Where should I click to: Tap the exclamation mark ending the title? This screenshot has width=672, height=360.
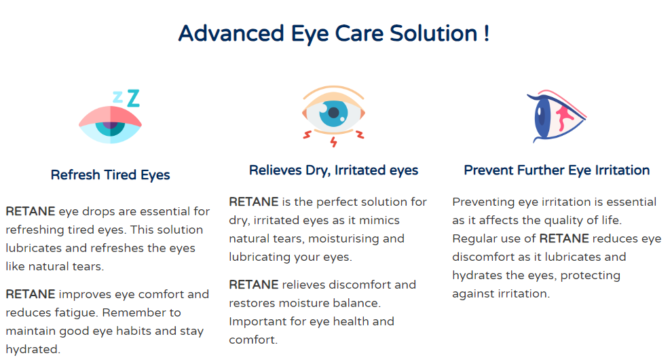click(487, 33)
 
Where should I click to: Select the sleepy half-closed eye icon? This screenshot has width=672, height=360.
click(111, 125)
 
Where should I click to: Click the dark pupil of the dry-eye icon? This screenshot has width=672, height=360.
click(333, 112)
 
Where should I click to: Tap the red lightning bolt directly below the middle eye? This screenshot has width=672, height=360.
click(333, 142)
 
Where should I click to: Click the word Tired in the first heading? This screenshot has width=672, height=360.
click(120, 175)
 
